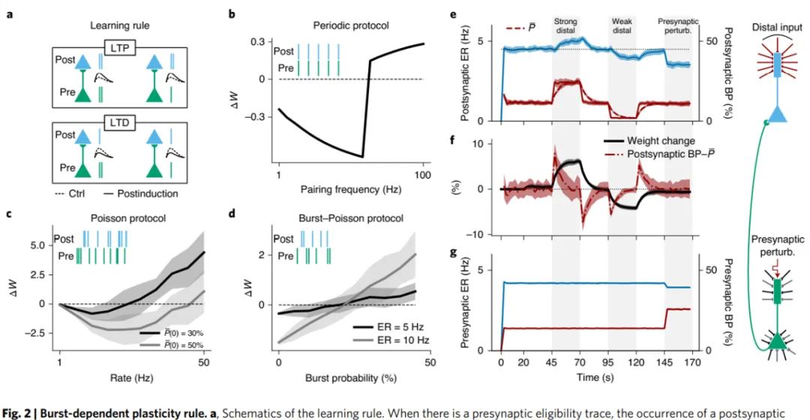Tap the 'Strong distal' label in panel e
[565, 26]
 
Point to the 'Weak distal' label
[622, 26]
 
